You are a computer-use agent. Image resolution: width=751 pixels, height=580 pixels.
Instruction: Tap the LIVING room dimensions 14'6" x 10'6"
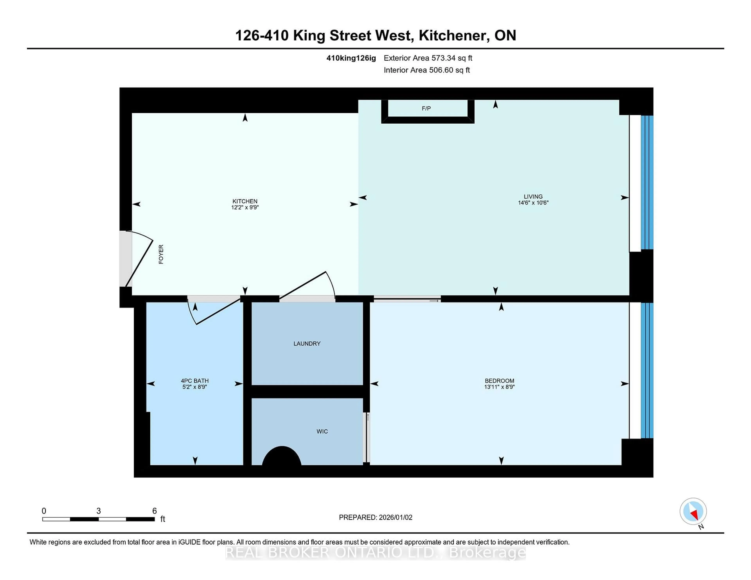coord(533,203)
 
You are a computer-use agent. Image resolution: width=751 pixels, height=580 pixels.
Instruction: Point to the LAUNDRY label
coord(307,344)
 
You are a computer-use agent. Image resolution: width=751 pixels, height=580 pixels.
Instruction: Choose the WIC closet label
coord(322,431)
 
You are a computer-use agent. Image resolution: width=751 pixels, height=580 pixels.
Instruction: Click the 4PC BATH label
coord(195,381)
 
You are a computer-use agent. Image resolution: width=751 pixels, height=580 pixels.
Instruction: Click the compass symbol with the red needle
coord(693,511)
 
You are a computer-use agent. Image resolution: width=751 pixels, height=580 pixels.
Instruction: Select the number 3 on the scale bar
coord(99,511)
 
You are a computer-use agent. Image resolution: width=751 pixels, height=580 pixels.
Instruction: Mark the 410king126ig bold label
coord(351,58)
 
